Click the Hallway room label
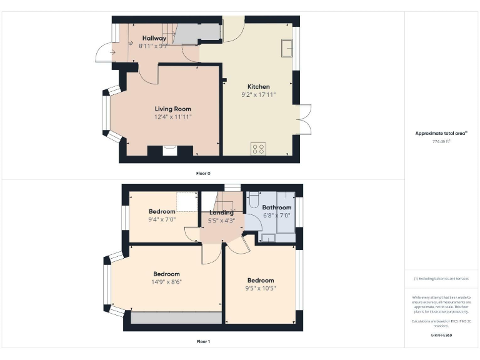click(154, 38)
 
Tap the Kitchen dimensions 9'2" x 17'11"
click(258, 95)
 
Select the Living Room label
click(173, 109)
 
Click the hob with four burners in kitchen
click(258, 149)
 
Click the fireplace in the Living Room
click(169, 150)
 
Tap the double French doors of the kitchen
click(304, 119)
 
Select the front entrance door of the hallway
click(103, 54)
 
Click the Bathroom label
click(276, 207)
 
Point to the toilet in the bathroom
click(254, 201)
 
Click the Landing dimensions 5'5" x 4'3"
click(222, 220)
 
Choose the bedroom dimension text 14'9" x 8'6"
click(166, 282)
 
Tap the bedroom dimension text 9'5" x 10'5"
click(260, 288)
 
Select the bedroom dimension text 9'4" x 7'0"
click(162, 219)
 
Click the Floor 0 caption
click(203, 173)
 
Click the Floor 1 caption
click(203, 342)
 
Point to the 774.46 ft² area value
click(441, 142)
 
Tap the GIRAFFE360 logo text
click(441, 336)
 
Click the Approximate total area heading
click(441, 133)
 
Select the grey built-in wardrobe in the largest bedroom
click(176, 317)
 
